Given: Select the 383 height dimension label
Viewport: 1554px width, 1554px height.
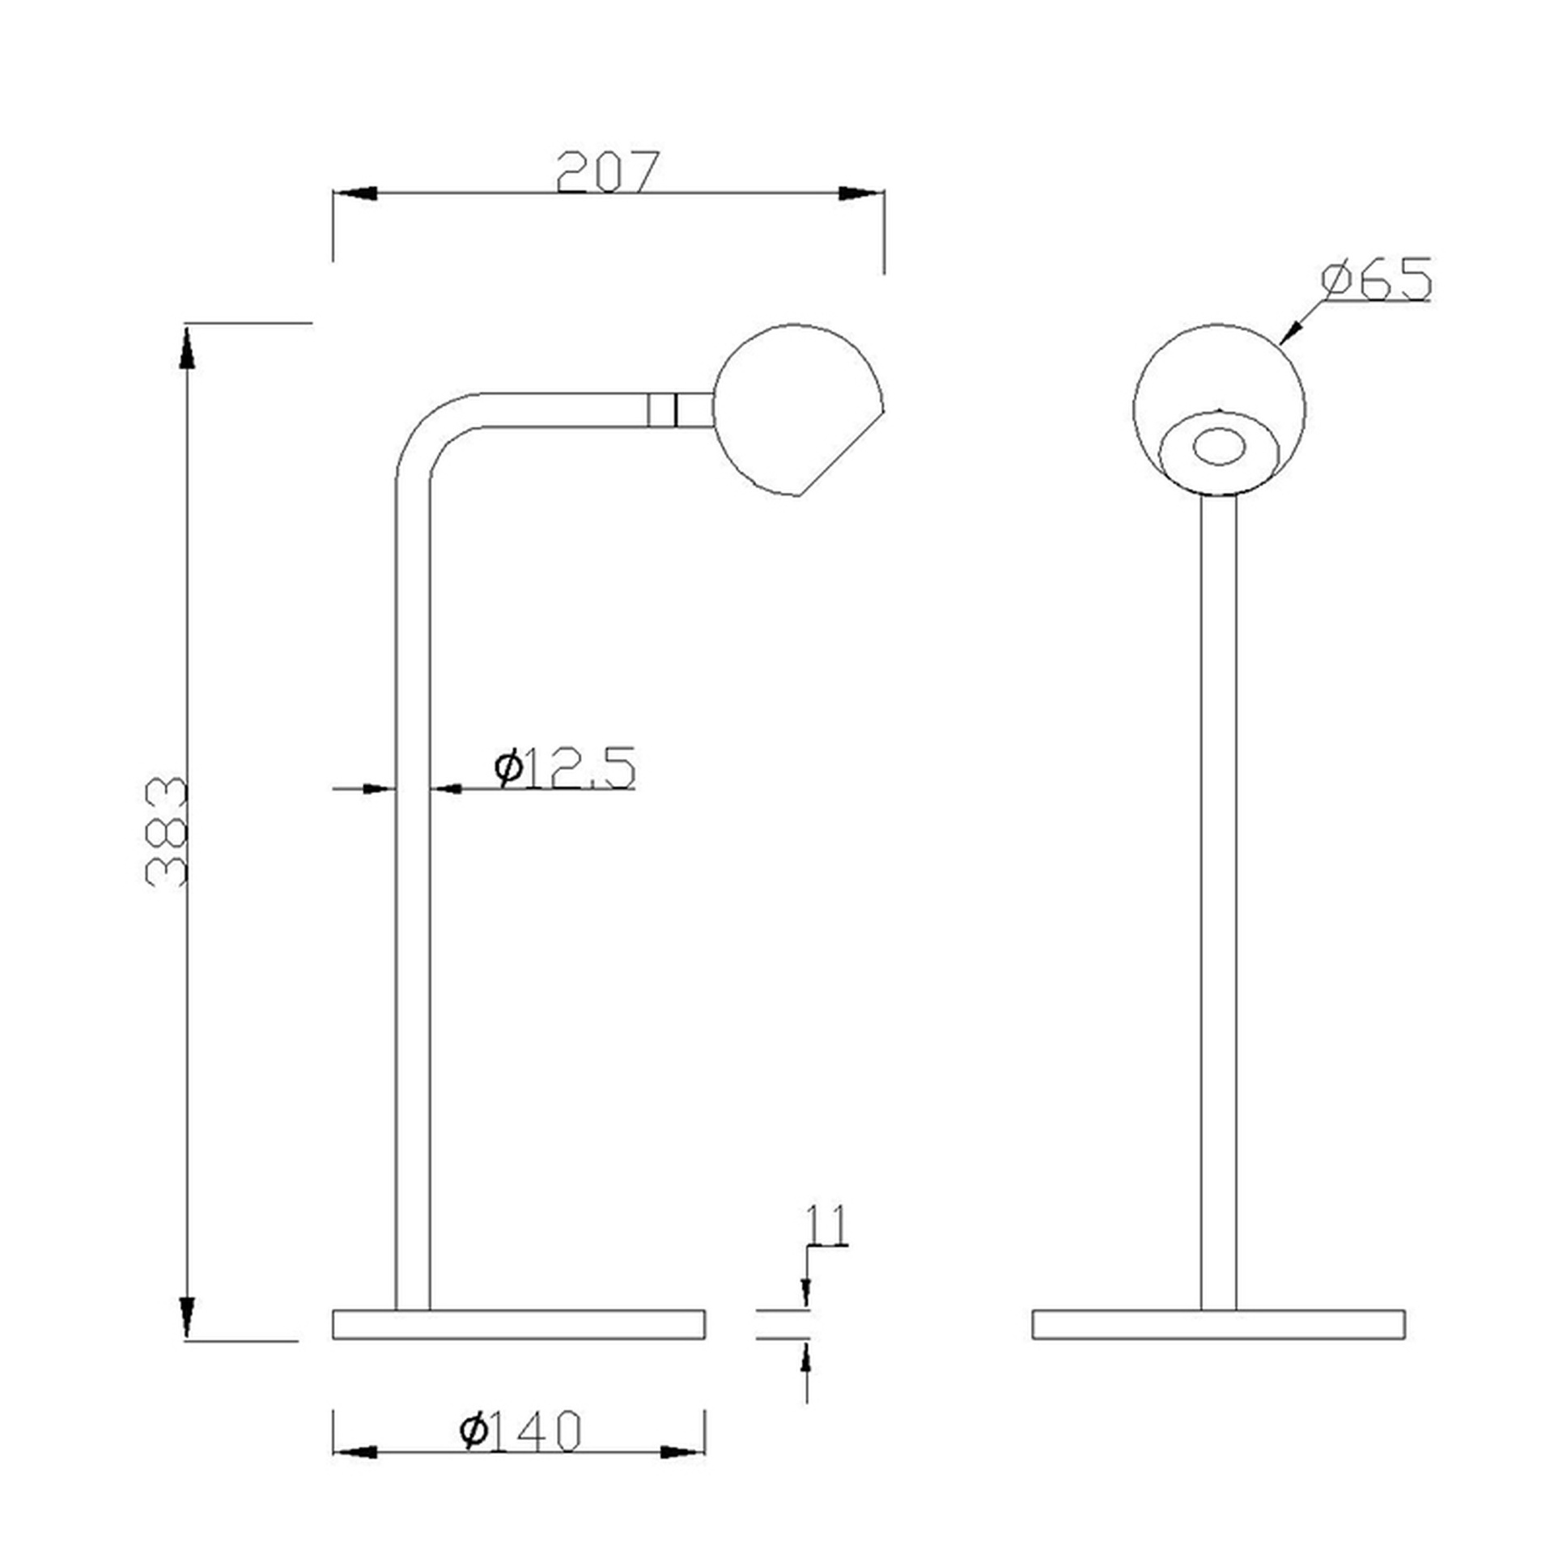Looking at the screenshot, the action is coord(167,831).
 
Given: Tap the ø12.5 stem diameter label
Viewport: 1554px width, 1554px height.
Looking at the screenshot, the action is coord(565,768).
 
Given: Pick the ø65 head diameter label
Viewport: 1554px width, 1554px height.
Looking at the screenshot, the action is coord(1376,279).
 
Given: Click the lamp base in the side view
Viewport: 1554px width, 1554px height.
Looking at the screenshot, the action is coord(519,1324).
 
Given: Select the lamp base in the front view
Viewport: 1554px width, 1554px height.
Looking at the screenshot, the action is coord(1218,1324).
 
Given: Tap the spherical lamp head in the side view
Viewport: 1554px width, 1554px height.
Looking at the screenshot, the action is coord(798,410).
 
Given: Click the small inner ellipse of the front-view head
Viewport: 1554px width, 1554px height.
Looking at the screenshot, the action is coord(1219,448).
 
